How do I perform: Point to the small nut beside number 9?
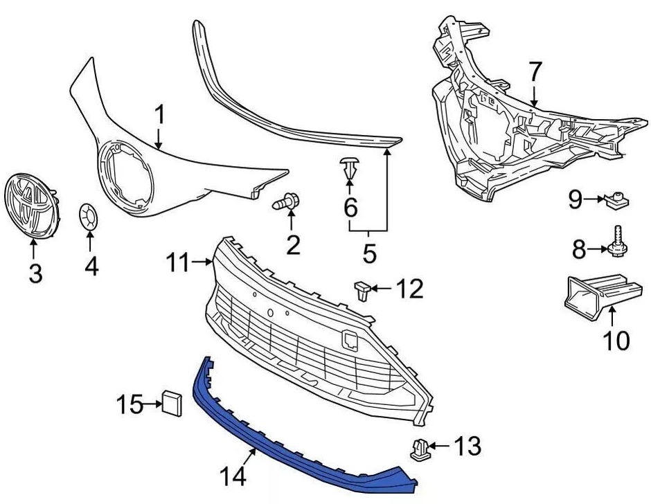[614, 201]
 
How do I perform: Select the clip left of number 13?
[418, 449]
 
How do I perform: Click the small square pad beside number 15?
[172, 402]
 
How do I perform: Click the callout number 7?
[535, 71]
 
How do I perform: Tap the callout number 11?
[177, 262]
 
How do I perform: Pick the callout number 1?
[160, 115]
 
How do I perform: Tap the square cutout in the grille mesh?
[349, 340]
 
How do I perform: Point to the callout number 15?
[129, 403]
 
